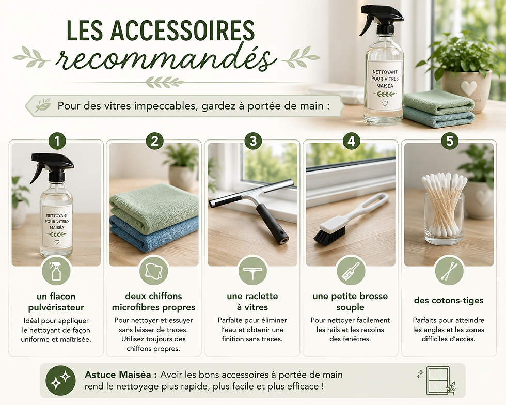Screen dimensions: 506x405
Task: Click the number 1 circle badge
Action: click(57, 141)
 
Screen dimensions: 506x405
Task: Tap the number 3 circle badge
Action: click(253, 141)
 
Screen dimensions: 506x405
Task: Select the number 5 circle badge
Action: click(450, 141)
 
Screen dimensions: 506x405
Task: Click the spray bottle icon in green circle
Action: click(56, 271)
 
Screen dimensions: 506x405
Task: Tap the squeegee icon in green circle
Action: click(252, 271)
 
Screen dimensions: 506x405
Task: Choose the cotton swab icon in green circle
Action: click(449, 271)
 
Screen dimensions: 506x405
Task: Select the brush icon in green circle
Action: click(351, 271)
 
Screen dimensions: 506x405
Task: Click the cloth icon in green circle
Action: click(154, 271)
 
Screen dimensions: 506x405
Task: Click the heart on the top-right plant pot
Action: click(468, 88)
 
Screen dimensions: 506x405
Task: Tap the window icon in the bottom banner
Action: click(438, 380)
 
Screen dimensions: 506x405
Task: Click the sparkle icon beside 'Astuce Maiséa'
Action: click(61, 381)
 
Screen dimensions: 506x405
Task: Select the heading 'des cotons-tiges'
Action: click(449, 300)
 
